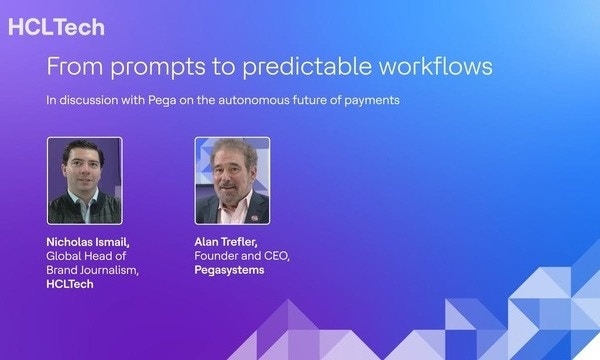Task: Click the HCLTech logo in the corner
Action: pyautogui.click(x=56, y=27)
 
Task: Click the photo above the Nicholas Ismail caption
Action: pyautogui.click(x=85, y=181)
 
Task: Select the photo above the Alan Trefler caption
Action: pyautogui.click(x=232, y=181)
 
